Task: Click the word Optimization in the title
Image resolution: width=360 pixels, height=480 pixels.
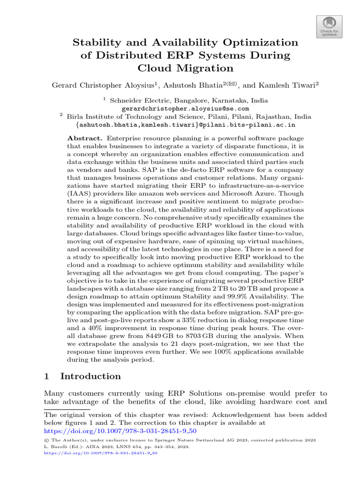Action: click(257, 43)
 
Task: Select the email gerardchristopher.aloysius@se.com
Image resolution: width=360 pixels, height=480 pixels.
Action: click(185, 108)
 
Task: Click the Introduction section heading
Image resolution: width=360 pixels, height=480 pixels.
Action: click(90, 376)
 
